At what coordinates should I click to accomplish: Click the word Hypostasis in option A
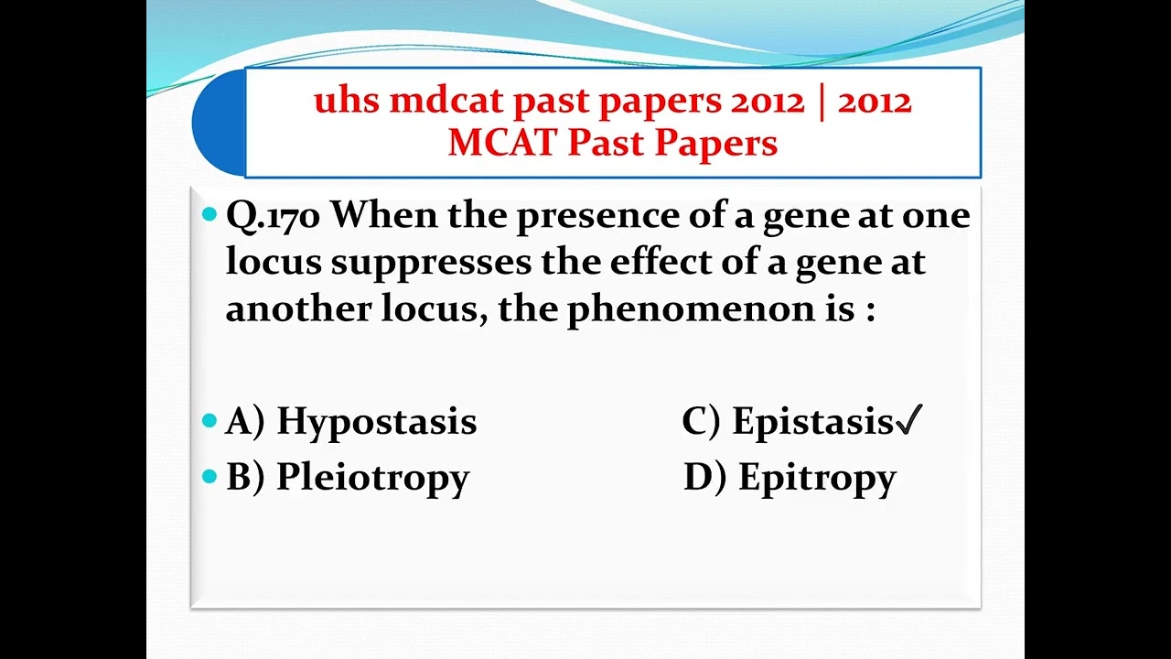376,422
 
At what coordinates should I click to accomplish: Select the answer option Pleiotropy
372,478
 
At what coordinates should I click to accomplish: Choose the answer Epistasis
812,422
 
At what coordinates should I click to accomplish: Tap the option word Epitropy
817,478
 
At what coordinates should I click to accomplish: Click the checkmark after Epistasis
909,422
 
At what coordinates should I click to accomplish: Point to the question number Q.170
273,216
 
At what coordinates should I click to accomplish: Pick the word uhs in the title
346,101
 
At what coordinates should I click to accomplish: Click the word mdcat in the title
445,101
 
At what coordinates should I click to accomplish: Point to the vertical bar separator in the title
821,101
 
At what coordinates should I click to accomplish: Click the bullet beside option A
209,422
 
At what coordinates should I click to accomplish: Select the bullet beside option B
209,477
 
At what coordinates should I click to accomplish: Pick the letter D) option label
704,478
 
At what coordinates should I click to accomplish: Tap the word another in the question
294,309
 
